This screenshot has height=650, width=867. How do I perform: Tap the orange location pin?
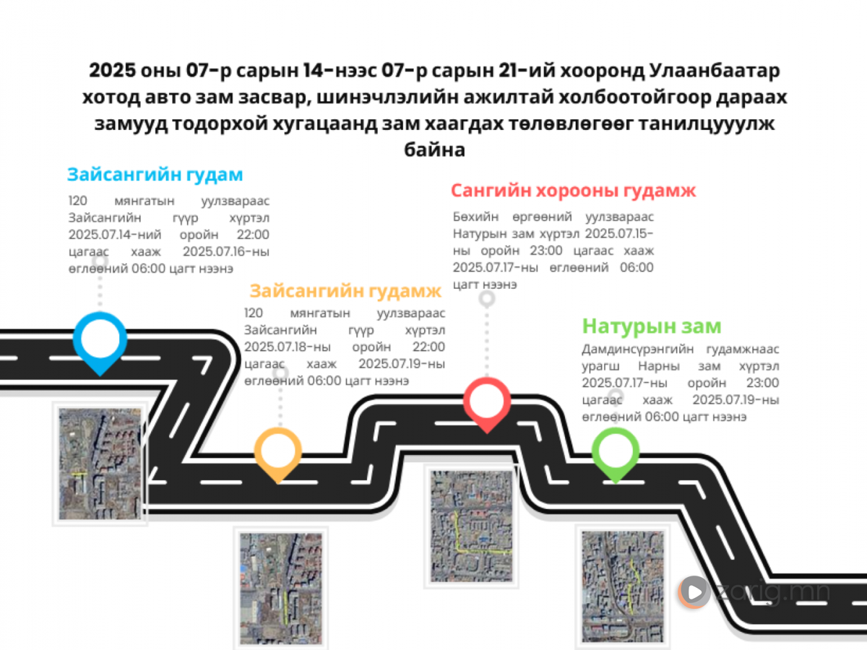(278, 453)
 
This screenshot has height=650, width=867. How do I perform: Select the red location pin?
(487, 402)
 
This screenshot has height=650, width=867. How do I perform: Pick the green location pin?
(616, 453)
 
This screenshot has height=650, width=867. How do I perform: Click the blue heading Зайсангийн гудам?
(155, 175)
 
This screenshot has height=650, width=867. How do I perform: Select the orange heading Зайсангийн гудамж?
(345, 291)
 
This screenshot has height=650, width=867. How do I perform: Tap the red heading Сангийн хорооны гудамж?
(574, 191)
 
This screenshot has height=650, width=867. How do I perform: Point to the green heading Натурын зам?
(652, 326)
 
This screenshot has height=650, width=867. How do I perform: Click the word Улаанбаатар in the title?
(714, 71)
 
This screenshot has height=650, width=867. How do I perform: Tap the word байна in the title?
(434, 150)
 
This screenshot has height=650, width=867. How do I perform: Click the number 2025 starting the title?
(113, 71)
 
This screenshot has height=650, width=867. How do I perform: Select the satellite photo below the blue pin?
(100, 464)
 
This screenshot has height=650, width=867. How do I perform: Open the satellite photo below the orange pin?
(281, 588)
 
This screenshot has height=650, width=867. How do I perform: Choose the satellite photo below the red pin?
(471, 526)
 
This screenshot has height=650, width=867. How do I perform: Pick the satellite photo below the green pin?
(623, 587)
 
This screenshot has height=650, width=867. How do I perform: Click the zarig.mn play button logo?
(694, 591)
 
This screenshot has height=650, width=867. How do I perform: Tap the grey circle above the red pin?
(487, 299)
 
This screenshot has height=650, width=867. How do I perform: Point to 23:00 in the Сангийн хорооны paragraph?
(546, 251)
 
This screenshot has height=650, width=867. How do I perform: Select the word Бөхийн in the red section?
(475, 217)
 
